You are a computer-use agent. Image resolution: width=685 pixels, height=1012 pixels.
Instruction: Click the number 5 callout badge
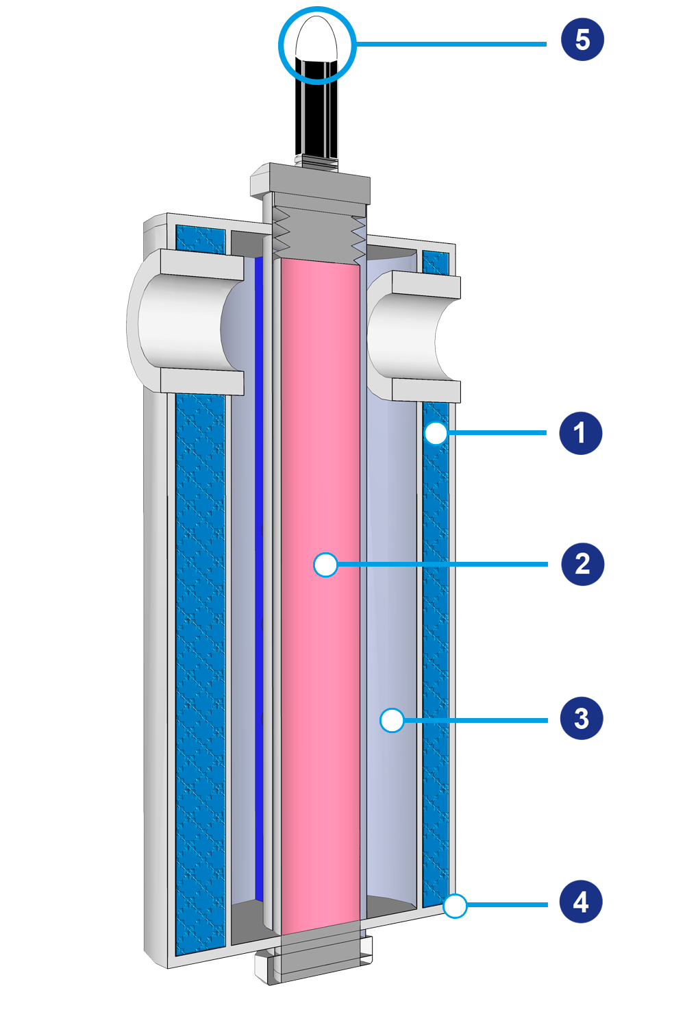[x=582, y=40]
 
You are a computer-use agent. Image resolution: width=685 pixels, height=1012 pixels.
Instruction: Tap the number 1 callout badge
[x=580, y=433]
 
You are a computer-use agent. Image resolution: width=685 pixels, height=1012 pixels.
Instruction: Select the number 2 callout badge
[x=582, y=564]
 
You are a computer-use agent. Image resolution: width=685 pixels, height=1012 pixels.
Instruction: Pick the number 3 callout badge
[x=582, y=719]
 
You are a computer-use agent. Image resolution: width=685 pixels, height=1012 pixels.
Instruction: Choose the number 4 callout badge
[x=581, y=902]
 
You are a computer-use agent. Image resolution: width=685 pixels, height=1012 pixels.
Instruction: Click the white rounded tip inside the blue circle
[x=316, y=40]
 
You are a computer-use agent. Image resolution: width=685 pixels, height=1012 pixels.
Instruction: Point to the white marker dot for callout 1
[x=436, y=433]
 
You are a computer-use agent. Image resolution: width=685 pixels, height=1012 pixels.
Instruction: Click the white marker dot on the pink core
[x=325, y=565]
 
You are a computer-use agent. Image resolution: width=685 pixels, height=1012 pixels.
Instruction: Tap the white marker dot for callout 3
[x=392, y=720]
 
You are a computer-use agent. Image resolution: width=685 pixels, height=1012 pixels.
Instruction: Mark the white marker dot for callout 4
[x=455, y=906]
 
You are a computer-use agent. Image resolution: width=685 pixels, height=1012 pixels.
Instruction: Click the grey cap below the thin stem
[x=310, y=180]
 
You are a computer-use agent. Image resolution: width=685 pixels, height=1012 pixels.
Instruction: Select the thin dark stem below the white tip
[x=316, y=110]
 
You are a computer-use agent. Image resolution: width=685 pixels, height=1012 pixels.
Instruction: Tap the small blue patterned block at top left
[x=200, y=238]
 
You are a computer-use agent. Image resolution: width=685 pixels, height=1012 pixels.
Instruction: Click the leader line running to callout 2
[x=445, y=565]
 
